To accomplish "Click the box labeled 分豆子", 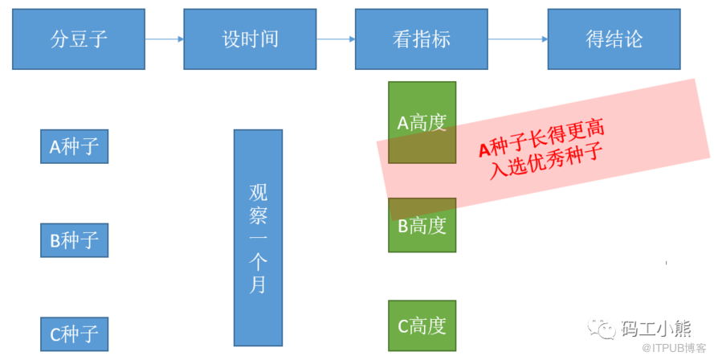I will click(79, 39).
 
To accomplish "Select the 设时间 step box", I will click(250, 39).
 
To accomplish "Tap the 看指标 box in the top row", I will click(422, 39).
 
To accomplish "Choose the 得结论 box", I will click(614, 39).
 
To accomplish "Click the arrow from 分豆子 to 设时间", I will click(165, 38).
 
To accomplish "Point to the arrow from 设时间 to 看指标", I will click(336, 38).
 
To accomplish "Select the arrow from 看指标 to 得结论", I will click(517, 38).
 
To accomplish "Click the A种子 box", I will click(74, 146).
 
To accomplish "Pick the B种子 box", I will click(74, 239).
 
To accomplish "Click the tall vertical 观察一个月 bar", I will click(258, 237).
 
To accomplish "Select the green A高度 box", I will click(422, 122).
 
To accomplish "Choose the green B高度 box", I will click(422, 226).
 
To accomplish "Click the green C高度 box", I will click(422, 325).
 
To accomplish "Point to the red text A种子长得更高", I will click(541, 139).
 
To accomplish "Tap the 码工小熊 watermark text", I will click(655, 328).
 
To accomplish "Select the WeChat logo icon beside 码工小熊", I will click(602, 328).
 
